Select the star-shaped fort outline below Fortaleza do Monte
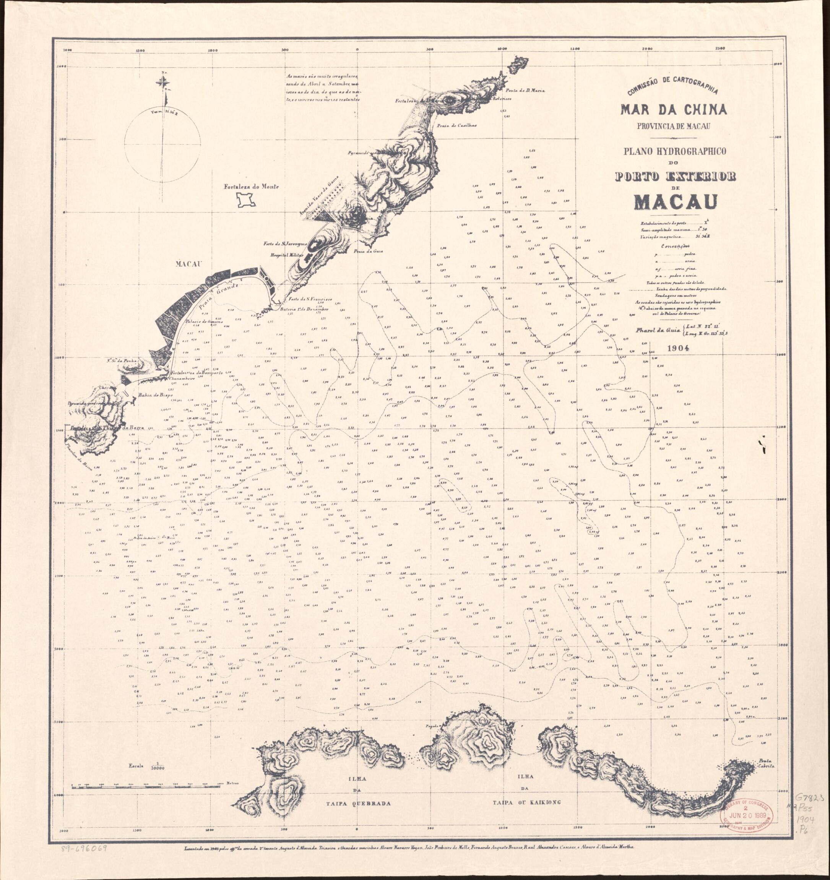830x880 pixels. point(247,201)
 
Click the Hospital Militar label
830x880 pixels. point(286,255)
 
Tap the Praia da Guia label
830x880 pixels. point(368,251)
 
